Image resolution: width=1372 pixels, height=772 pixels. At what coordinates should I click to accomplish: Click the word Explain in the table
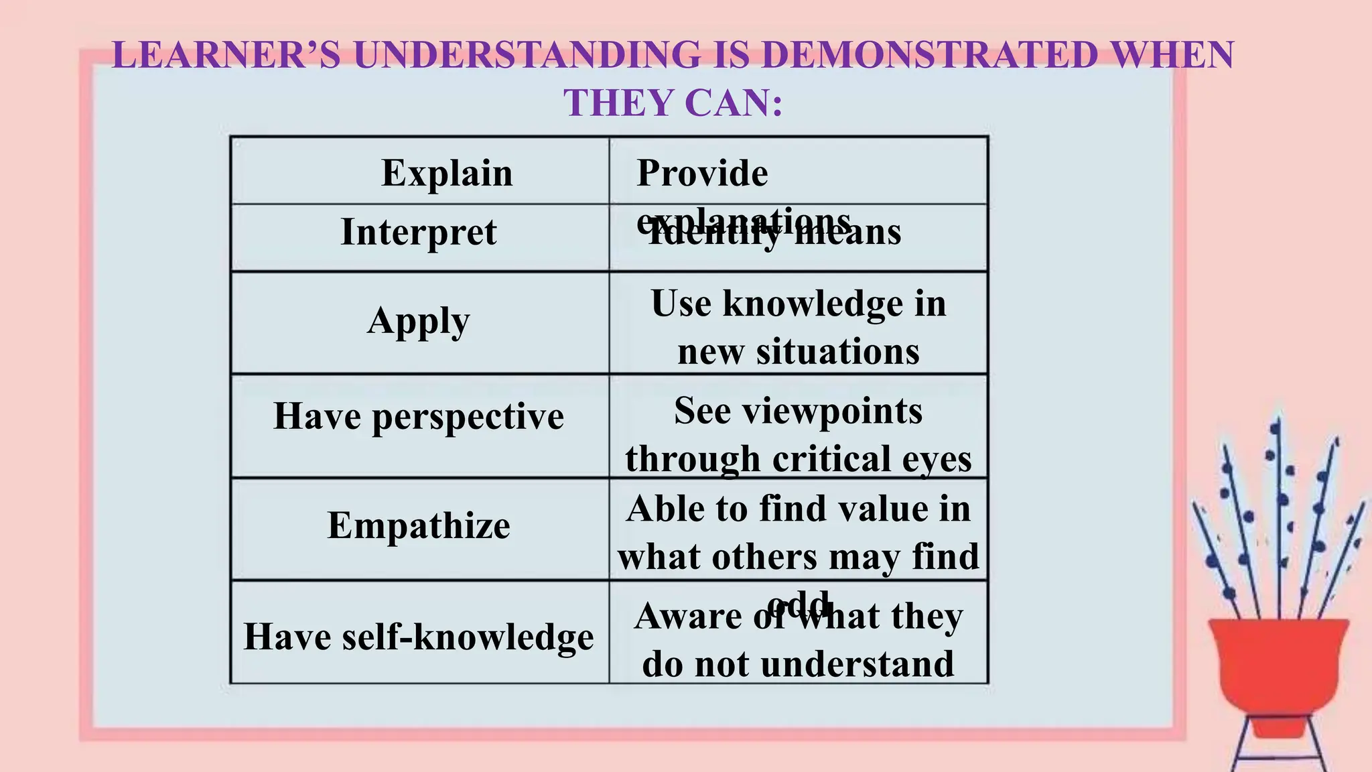click(x=447, y=174)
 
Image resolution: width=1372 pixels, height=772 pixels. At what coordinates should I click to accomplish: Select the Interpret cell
click(x=419, y=233)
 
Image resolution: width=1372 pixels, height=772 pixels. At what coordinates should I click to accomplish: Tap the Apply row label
click(x=419, y=321)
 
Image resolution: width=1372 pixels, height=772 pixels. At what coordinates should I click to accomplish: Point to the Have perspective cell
click(x=419, y=416)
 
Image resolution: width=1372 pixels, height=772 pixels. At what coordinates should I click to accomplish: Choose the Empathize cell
click(x=419, y=525)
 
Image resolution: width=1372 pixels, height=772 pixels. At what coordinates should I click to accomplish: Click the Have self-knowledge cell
click(x=419, y=636)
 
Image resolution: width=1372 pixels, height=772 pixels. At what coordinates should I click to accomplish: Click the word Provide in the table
click(x=702, y=174)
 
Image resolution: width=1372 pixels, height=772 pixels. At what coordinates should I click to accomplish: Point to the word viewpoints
click(x=833, y=411)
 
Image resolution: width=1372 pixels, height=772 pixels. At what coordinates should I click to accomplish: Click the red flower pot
click(x=1278, y=670)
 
